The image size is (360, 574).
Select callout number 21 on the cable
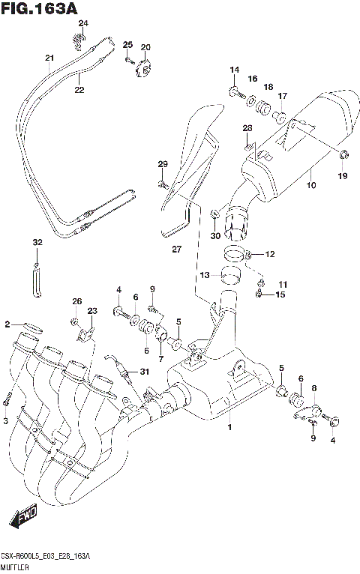49,58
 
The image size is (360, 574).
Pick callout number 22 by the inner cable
79,90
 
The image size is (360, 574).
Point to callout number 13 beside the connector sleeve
205,276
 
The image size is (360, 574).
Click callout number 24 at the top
83,23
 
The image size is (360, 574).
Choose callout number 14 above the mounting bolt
235,70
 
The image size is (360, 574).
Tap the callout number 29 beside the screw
162,164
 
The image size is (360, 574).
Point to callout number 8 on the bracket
314,387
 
